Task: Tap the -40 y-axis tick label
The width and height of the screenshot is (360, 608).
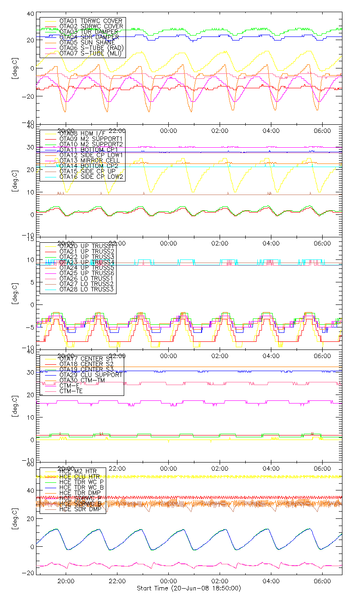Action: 28,123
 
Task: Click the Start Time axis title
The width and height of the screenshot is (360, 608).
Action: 153,588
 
